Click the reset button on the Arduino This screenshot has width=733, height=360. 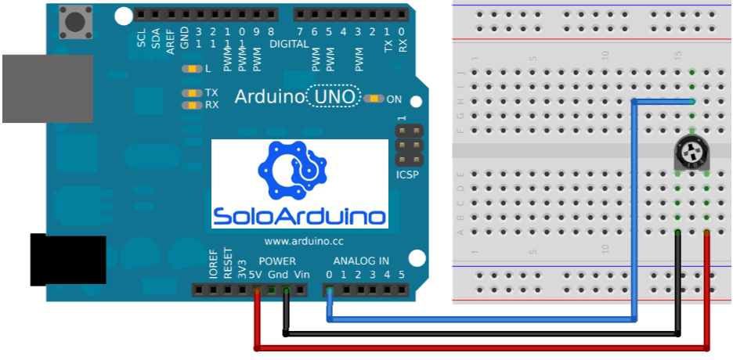click(x=77, y=21)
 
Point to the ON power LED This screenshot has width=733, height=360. click(x=374, y=99)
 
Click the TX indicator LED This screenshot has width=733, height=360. click(x=191, y=92)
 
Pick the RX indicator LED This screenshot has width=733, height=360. click(x=191, y=105)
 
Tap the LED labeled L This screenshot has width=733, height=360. click(x=191, y=69)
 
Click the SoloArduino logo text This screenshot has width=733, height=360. click(x=301, y=216)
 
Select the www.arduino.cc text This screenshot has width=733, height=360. click(x=303, y=242)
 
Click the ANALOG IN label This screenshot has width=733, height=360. click(x=360, y=261)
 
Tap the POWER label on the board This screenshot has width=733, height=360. click(x=276, y=261)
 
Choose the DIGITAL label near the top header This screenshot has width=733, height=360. click(x=289, y=45)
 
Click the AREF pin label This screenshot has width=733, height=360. click(x=170, y=38)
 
